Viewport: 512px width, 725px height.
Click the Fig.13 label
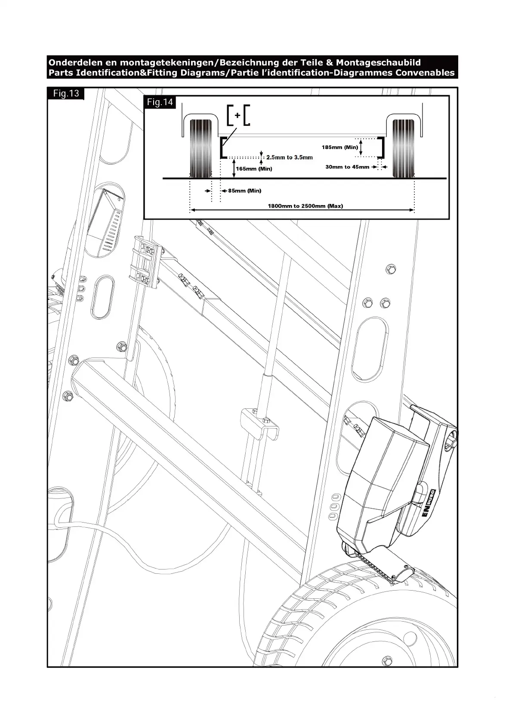pyautogui.click(x=66, y=93)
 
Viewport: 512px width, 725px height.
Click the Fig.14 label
pyautogui.click(x=160, y=102)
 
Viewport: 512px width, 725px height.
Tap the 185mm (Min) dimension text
pyautogui.click(x=339, y=147)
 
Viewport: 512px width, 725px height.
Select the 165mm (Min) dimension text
pyautogui.click(x=254, y=169)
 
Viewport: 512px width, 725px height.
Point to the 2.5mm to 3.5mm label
pyautogui.click(x=289, y=158)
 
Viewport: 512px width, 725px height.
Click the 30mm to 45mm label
pyautogui.click(x=347, y=167)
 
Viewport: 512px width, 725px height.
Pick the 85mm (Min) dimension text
pyautogui.click(x=244, y=191)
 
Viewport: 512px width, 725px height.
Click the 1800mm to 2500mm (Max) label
pyautogui.click(x=305, y=206)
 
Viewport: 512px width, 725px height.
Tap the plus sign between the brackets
pyautogui.click(x=237, y=115)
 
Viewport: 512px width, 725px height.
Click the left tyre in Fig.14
pyautogui.click(x=201, y=147)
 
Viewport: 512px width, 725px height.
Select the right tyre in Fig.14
pyautogui.click(x=403, y=147)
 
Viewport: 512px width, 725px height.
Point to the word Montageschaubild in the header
pyautogui.click(x=378, y=62)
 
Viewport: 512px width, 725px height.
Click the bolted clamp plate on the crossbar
pyautogui.click(x=145, y=261)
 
